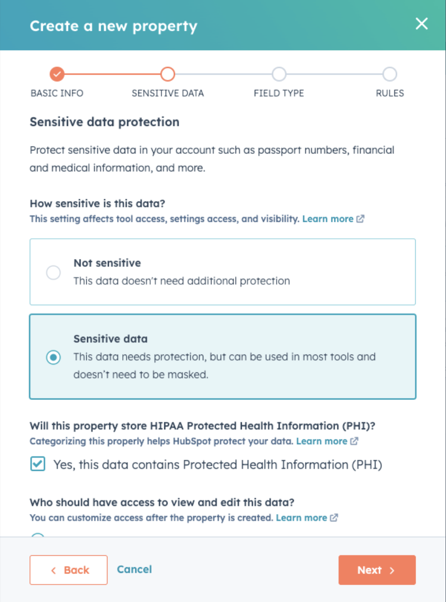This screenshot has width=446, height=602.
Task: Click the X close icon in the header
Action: pos(421,24)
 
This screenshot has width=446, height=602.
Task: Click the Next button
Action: pos(377,570)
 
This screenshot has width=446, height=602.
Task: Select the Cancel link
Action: pos(134,570)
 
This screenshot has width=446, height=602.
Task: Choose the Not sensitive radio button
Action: pos(53,273)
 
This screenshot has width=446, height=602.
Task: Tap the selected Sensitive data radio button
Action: pos(53,357)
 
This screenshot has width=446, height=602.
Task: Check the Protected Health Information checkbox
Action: pos(38,465)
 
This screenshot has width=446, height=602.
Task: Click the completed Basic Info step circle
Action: pos(57,74)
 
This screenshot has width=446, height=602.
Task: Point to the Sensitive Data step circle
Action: pos(168,74)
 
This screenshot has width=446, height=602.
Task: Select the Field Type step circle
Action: pos(279,74)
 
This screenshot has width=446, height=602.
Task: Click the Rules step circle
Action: pos(389,74)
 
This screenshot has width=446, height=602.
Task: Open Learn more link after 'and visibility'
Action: pos(328,219)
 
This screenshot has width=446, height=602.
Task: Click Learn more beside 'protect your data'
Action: pos(322,441)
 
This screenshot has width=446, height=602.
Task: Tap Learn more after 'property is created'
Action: pos(302,518)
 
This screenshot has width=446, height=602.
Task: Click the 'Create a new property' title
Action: pos(114,26)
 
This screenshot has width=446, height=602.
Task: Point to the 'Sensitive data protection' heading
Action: pos(105,122)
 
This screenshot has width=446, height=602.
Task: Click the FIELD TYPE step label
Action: pos(279,94)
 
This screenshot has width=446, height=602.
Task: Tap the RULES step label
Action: pos(390,94)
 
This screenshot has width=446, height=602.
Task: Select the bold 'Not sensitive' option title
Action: pos(107,263)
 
